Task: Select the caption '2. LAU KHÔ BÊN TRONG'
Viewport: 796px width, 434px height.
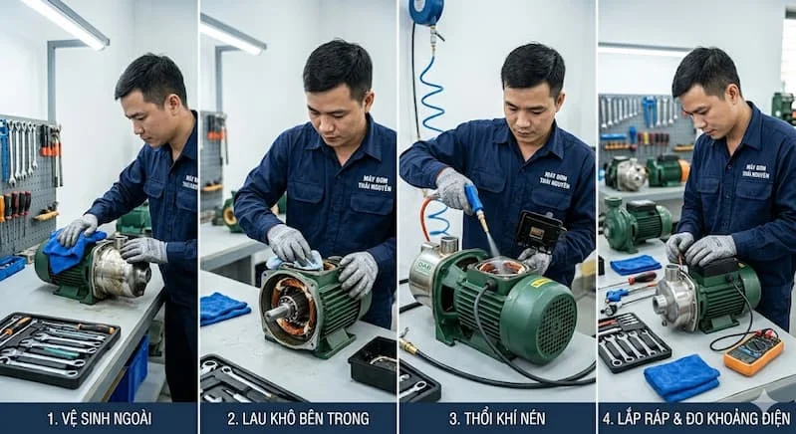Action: pyautogui.click(x=298, y=417)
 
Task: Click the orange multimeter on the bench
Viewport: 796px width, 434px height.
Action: pyautogui.click(x=753, y=351)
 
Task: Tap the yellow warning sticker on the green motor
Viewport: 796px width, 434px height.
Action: pyautogui.click(x=541, y=283)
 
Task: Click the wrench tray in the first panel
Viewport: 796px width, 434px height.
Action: pyautogui.click(x=57, y=348)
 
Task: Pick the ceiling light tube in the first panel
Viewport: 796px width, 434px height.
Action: pyautogui.click(x=66, y=22)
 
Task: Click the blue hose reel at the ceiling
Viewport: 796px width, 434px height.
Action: pyautogui.click(x=426, y=11)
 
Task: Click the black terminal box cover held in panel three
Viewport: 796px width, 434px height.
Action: pyautogui.click(x=539, y=232)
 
